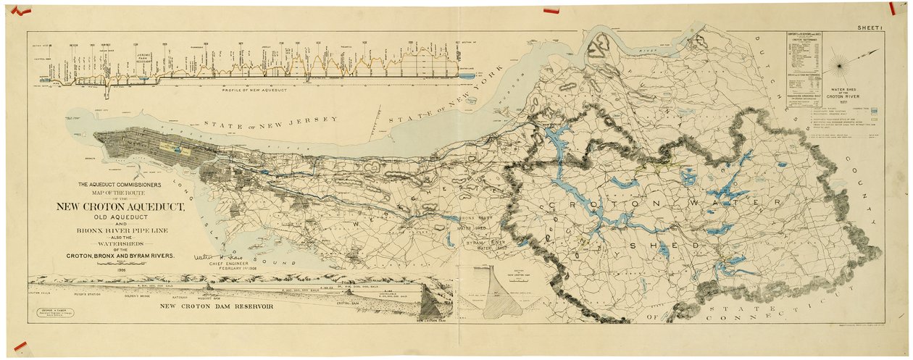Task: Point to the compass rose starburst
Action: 840,66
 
